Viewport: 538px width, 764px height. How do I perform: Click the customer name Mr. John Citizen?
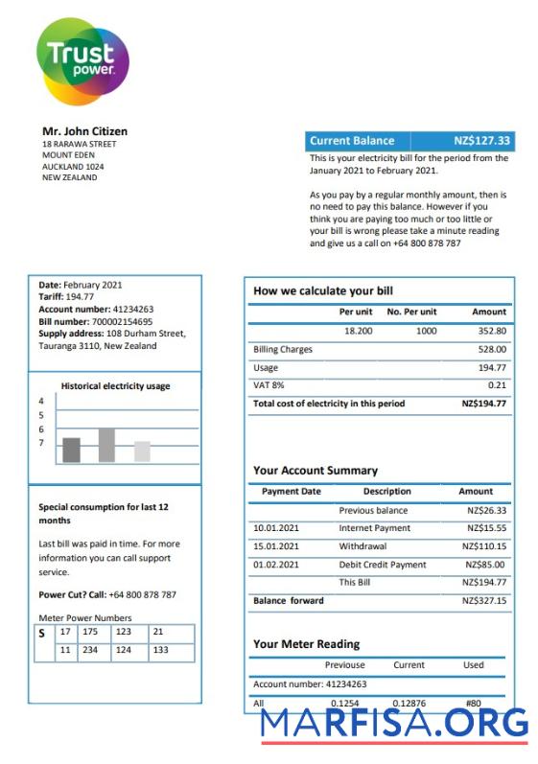point(84,131)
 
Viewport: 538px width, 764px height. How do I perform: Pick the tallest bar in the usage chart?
point(106,446)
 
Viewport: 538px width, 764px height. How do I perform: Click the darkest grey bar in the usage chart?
point(72,450)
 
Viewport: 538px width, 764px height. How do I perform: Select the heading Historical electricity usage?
point(115,386)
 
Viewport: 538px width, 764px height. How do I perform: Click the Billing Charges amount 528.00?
point(491,350)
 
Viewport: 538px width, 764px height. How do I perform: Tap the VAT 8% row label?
point(269,385)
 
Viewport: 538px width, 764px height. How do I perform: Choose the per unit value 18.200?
point(358,331)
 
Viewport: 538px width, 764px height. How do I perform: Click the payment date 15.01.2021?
point(276,546)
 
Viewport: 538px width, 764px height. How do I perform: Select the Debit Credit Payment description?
point(382,565)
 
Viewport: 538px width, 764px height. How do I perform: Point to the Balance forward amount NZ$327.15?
point(483,601)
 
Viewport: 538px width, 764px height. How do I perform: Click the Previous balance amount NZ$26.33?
point(486,511)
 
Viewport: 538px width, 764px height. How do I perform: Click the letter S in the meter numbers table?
point(41,634)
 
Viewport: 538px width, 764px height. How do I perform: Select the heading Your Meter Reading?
point(306,644)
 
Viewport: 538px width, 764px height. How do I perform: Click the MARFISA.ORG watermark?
point(394,726)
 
